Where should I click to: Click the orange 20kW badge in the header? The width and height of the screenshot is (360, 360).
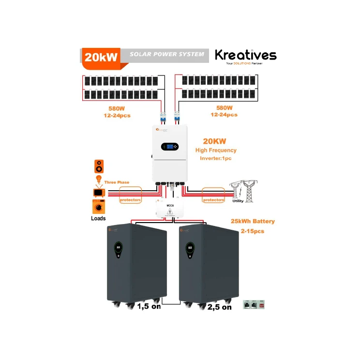(101, 56)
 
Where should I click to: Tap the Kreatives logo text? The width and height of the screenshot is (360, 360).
(245, 55)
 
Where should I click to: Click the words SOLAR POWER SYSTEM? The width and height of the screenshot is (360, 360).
(167, 54)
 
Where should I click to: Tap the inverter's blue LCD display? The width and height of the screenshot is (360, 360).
(170, 147)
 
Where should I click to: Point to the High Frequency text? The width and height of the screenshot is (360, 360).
(216, 150)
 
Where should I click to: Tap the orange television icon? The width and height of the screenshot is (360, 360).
(99, 193)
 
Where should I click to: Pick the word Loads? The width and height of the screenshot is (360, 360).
(98, 218)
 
